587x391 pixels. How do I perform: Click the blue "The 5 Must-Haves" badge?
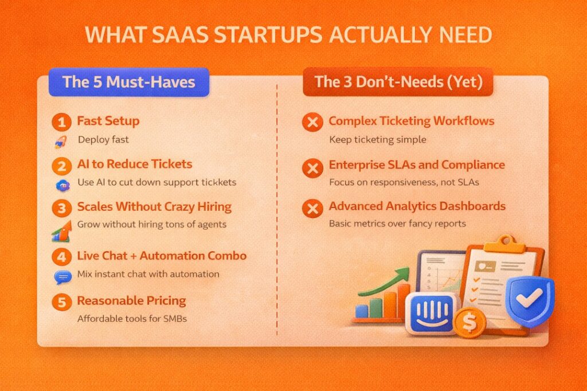pyautogui.click(x=128, y=81)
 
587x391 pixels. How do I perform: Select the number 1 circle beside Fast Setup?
pyautogui.click(x=60, y=122)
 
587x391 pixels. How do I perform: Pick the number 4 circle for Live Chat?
pyautogui.click(x=60, y=256)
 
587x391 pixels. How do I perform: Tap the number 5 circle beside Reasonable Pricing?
pyautogui.click(x=60, y=301)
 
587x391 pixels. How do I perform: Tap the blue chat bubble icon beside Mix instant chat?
pyautogui.click(x=61, y=277)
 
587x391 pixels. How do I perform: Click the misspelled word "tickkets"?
pyautogui.click(x=217, y=182)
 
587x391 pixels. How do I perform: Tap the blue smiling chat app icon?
pyautogui.click(x=433, y=313)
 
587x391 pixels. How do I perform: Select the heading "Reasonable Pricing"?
pyautogui.click(x=131, y=300)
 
